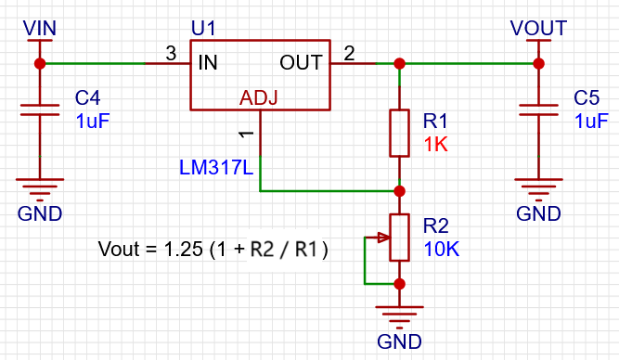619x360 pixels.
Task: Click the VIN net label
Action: (x=39, y=28)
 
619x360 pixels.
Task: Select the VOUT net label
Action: (x=537, y=28)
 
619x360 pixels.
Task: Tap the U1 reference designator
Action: (x=203, y=29)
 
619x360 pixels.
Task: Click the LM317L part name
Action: (x=214, y=167)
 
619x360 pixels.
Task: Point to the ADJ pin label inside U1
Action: (x=259, y=97)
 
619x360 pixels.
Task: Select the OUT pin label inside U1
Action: (x=301, y=63)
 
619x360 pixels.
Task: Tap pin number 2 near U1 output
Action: (x=348, y=54)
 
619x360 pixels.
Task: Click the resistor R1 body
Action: (x=399, y=133)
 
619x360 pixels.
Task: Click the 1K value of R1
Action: (x=436, y=145)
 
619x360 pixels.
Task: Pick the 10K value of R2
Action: (x=441, y=250)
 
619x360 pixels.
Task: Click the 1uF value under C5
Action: (x=591, y=122)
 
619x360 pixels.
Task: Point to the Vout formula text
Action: (x=214, y=250)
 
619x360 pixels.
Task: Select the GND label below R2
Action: (x=399, y=341)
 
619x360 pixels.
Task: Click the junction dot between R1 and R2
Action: (x=399, y=191)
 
